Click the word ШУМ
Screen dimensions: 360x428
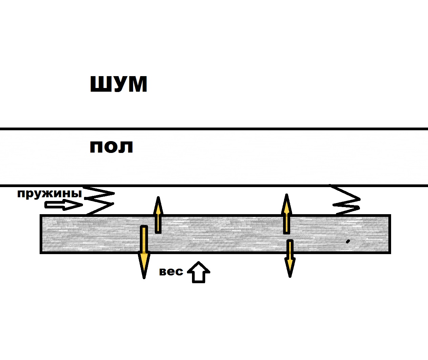coord(119,84)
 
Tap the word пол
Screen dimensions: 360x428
coord(111,147)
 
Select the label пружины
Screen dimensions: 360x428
coord(49,194)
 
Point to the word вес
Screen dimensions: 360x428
coord(171,271)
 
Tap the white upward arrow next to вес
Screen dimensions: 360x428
coord(199,272)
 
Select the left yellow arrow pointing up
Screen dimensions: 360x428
coord(158,215)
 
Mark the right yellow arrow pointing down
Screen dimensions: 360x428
coord(290,258)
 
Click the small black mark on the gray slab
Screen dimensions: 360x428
coord(347,241)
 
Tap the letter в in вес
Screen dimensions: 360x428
coord(163,272)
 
